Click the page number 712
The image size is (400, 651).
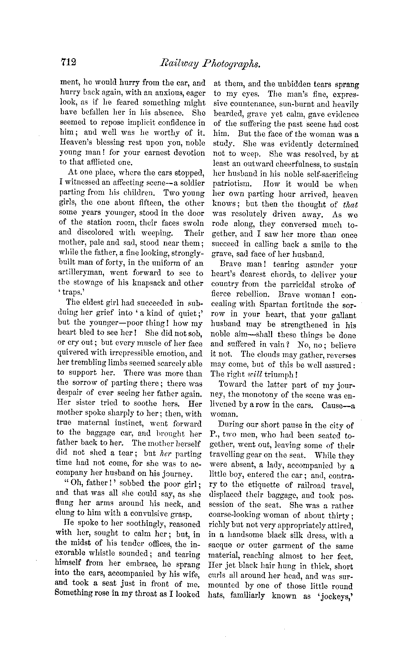click(69, 62)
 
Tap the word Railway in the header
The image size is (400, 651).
click(172, 63)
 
